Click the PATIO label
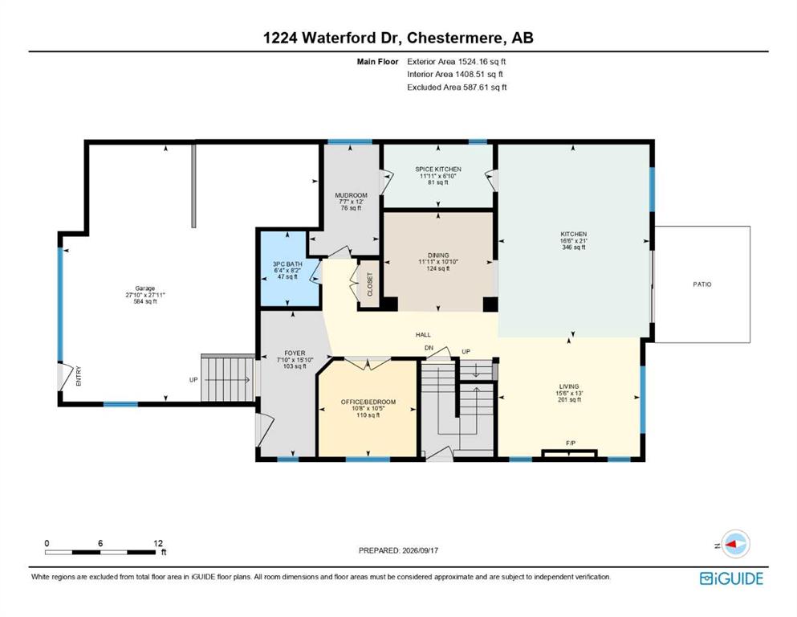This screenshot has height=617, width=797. pos(702,284)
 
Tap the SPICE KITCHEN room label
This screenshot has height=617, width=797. pos(438,170)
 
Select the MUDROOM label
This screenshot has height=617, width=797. pos(351,195)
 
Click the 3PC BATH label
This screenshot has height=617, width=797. pos(287,264)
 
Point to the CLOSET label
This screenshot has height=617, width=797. pos(369,284)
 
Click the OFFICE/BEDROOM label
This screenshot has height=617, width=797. pos(368,402)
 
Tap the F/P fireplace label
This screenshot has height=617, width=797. pos(571,443)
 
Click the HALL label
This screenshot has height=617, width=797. pos(423,335)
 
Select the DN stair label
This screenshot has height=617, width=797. pos(429,348)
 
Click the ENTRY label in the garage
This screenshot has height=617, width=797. pos(79,376)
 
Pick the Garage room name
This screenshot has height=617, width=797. pos(144,288)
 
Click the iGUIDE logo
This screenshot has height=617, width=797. pos(731,579)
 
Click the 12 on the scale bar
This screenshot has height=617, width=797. pos(158,543)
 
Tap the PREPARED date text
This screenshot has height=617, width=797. pos(398,550)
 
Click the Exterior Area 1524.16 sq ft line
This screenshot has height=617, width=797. pos(457,62)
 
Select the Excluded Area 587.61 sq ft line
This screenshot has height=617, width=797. pos(457,87)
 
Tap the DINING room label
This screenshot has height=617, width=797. pos(438,255)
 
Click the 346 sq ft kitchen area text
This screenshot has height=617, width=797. pos(573,247)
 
